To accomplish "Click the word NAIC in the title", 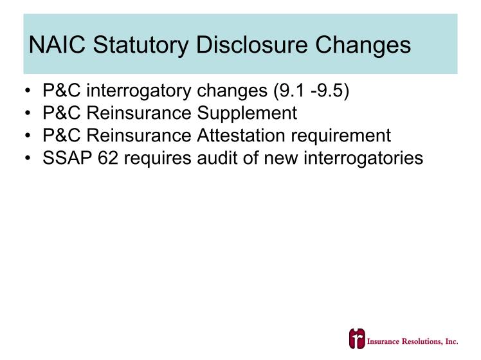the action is [57, 45].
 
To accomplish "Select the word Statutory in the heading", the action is [141, 46].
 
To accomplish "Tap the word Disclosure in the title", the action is [251, 45].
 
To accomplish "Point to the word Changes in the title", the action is [363, 46].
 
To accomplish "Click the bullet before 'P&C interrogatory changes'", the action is [28, 91].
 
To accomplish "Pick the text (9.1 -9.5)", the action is [311, 91].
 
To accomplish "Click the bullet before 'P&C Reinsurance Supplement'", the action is [28, 113].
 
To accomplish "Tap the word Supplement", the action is [247, 113].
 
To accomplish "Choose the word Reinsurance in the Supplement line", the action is [139, 113].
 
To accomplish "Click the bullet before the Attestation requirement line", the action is [28, 136].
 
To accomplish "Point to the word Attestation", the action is [241, 136].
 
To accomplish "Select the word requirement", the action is [341, 136].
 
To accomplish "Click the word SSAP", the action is [67, 158].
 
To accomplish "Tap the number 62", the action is [108, 158].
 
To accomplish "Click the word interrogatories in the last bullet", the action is [363, 159].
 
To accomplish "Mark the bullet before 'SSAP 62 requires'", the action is [28, 158].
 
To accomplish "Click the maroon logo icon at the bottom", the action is [357, 339].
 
